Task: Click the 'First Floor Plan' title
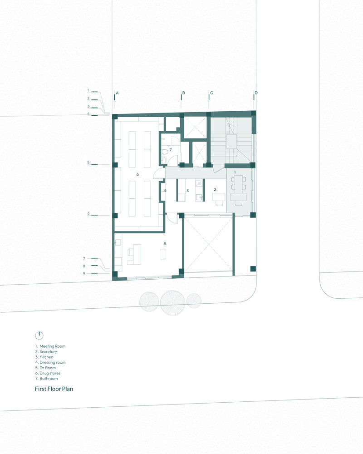(x=54, y=389)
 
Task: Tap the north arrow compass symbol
(x=39, y=336)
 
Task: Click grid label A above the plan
(x=117, y=93)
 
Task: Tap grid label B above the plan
(x=183, y=93)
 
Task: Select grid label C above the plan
(x=211, y=93)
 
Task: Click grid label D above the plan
(x=256, y=93)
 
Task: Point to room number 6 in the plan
(x=137, y=174)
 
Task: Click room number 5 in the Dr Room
(x=165, y=243)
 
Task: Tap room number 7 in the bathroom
(x=171, y=150)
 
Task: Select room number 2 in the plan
(x=215, y=189)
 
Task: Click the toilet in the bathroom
(x=164, y=152)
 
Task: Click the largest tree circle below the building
(x=172, y=302)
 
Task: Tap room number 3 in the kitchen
(x=187, y=191)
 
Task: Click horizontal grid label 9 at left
(x=84, y=273)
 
